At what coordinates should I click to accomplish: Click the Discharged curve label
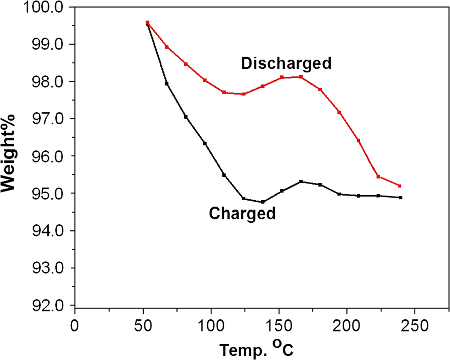click(286, 63)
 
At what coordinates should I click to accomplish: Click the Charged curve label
click(242, 213)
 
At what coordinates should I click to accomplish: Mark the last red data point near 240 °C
click(400, 186)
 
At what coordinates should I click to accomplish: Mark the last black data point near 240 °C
click(400, 197)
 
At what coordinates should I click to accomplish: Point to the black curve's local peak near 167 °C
click(301, 182)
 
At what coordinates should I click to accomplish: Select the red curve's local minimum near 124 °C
click(244, 94)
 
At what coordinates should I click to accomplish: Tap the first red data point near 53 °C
click(147, 22)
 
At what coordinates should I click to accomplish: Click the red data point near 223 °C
click(378, 177)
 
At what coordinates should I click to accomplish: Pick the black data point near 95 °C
click(205, 144)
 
